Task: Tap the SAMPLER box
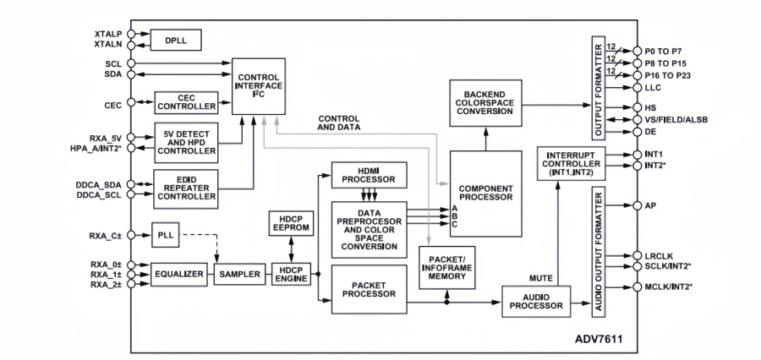(x=238, y=275)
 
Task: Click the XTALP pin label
(x=108, y=33)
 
